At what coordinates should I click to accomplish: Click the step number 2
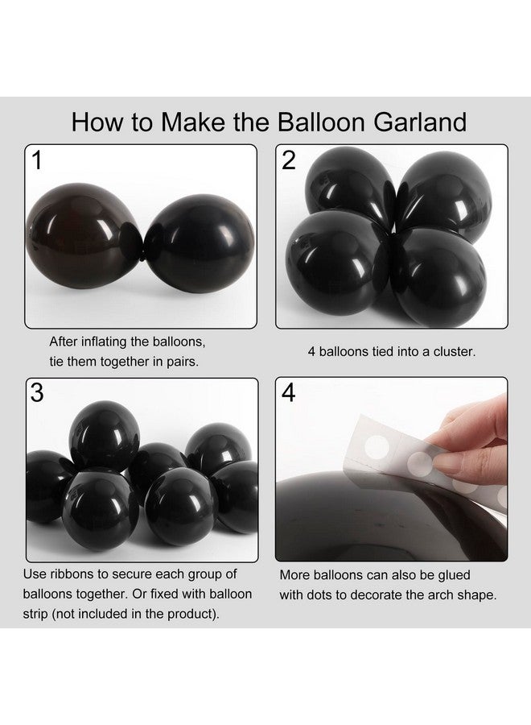(x=289, y=161)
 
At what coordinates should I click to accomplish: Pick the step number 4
(x=289, y=393)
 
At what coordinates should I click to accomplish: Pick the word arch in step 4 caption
(x=426, y=596)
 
